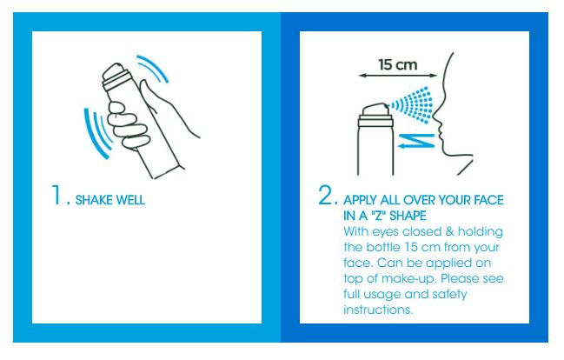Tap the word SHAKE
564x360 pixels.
(x=93, y=200)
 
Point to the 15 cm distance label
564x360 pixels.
(x=398, y=65)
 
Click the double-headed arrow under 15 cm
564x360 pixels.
(x=398, y=76)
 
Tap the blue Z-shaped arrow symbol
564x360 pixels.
(x=416, y=141)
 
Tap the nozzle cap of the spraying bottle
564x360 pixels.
(x=375, y=110)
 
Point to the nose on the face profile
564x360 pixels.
(x=436, y=116)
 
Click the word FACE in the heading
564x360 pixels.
(x=488, y=200)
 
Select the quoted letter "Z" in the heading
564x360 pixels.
(x=378, y=216)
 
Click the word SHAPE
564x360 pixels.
(x=408, y=216)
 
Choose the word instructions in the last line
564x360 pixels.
(x=378, y=310)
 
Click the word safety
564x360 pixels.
(x=449, y=295)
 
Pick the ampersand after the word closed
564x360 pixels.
(x=449, y=231)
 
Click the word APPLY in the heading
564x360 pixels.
(x=360, y=200)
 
